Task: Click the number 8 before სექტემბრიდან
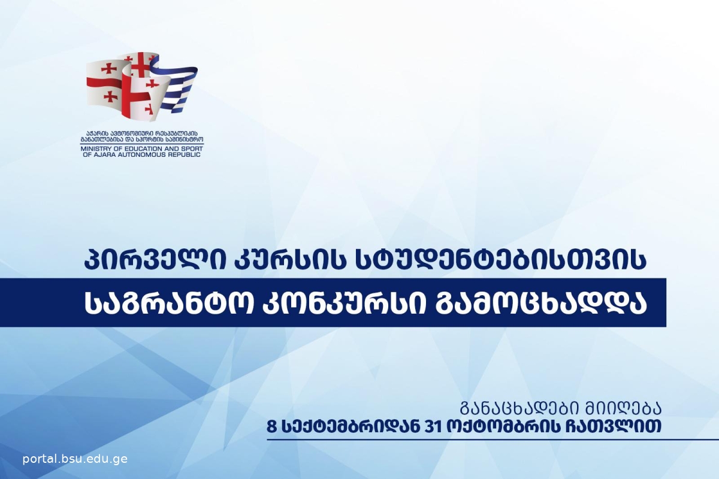point(272,427)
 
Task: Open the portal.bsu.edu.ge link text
point(75,459)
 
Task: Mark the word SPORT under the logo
point(192,149)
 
